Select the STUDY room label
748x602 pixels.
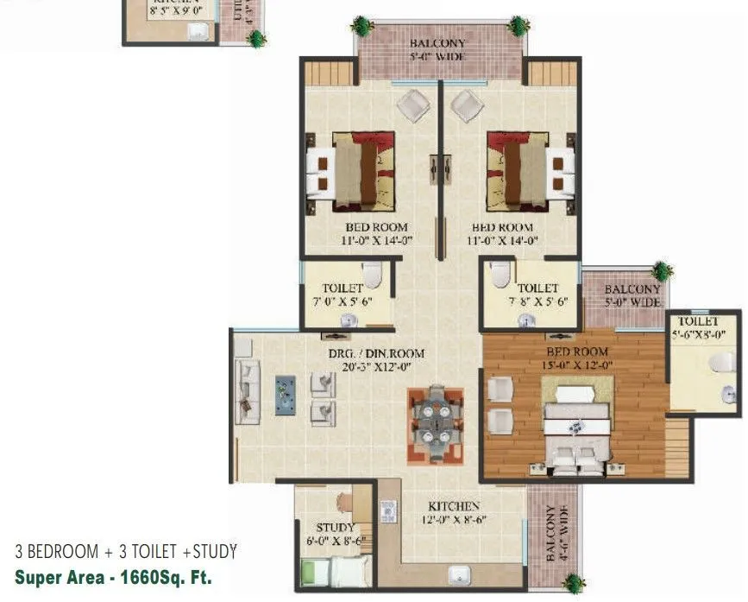[x=335, y=528]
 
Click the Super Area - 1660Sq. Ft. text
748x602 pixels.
[x=112, y=577]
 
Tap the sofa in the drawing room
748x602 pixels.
[x=247, y=391]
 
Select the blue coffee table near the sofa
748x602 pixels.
[x=286, y=395]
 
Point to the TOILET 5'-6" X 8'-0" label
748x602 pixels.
[x=698, y=326]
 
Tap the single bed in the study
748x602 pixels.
[x=335, y=571]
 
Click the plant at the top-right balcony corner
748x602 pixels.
[x=518, y=26]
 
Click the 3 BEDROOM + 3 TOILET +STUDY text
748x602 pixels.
[x=125, y=551]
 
